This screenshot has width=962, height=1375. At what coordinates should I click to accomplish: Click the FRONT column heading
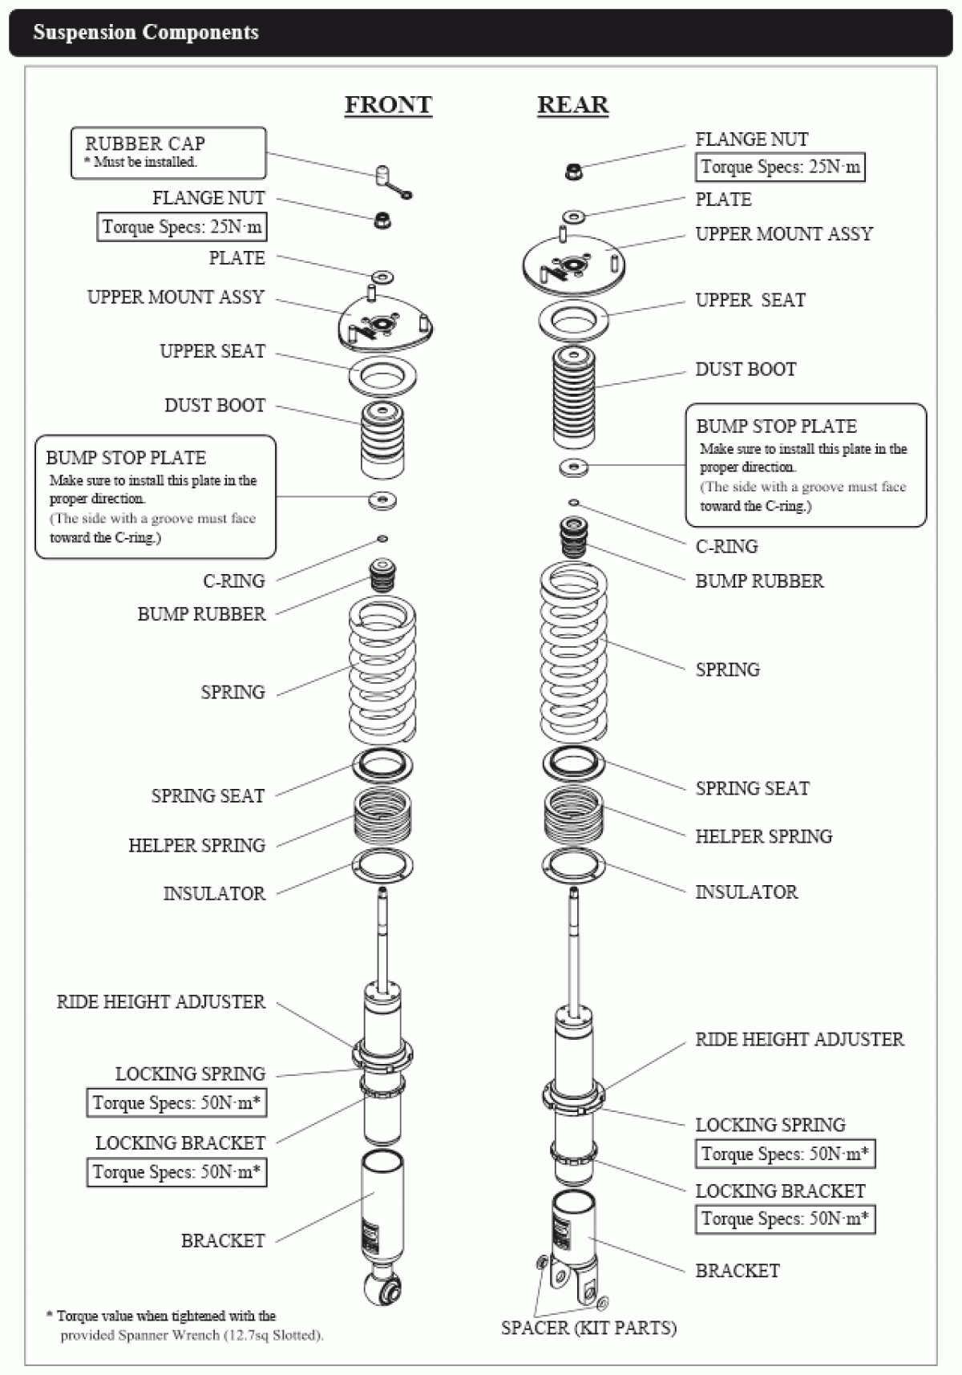pos(388,105)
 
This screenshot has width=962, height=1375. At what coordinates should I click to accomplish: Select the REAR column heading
pos(572,105)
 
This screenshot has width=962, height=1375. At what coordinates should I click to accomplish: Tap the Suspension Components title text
pos(146,33)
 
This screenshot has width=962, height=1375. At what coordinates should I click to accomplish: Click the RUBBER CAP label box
pos(168,152)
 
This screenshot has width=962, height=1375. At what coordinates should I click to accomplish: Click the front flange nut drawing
pos(383,220)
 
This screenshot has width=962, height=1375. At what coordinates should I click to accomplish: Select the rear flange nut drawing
pos(573,171)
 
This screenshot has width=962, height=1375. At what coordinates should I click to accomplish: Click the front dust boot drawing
pos(382,439)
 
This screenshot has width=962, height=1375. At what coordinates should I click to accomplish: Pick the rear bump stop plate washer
pos(573,467)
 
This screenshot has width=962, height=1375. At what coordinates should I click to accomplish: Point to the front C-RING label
pos(233,580)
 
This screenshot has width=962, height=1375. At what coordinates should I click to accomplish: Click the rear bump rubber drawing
pos(572,537)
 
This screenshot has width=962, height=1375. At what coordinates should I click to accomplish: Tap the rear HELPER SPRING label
pos(763,836)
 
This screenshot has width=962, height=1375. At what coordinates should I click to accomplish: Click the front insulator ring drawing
pos(382,865)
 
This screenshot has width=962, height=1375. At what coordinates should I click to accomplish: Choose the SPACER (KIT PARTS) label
pos(588,1328)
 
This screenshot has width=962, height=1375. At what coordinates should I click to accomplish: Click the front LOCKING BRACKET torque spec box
pos(176,1172)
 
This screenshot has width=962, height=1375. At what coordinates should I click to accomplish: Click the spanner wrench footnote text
pos(185,1325)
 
